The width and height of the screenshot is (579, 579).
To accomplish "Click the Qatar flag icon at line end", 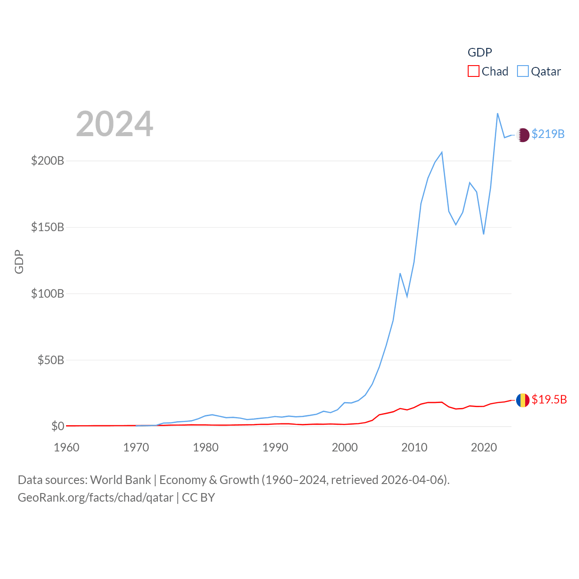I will coord(523,135).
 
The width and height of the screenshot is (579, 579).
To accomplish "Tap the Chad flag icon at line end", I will coord(523,400).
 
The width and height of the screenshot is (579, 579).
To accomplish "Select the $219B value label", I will coord(548,134).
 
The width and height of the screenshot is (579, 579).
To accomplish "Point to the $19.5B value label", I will coord(549,399).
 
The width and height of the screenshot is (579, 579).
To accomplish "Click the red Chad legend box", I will coord(473,71).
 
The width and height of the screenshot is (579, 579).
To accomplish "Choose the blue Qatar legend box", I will coord(522,71).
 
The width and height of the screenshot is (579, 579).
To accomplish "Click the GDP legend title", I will coord(479,52).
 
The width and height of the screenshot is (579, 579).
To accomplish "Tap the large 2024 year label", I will coord(114,124).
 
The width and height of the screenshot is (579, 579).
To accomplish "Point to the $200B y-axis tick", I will coord(47,161).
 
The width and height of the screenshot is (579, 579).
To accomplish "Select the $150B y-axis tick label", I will coord(47,227).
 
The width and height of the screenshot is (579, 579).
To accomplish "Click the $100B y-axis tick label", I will coord(47,294).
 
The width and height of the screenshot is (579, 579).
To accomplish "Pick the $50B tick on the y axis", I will coord(51,360).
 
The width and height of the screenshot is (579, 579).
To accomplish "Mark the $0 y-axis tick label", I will coord(57,426).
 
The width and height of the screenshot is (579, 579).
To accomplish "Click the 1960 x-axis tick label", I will coord(66,447).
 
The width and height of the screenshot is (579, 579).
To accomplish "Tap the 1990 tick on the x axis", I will coord(275,447).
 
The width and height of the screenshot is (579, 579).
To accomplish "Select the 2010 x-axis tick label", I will coord(414,447).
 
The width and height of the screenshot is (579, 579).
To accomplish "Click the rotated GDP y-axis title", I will coord(19,261).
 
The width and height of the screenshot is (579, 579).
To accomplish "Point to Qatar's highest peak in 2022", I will coord(498,114).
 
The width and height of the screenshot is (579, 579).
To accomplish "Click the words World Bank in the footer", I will coord(120,480).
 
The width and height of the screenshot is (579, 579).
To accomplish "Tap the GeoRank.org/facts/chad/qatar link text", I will coord(95,498).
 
